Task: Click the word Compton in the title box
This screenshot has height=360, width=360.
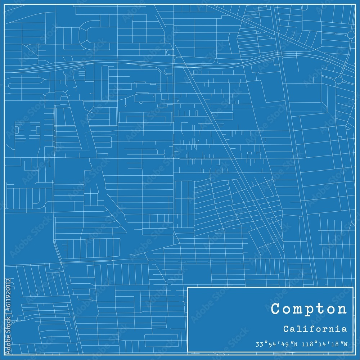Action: [309, 309]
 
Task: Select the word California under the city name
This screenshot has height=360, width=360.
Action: [315, 329]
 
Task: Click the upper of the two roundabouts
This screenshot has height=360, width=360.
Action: [351, 35]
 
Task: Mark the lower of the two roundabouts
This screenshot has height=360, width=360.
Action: [338, 80]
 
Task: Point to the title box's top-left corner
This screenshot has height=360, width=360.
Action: [188, 287]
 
